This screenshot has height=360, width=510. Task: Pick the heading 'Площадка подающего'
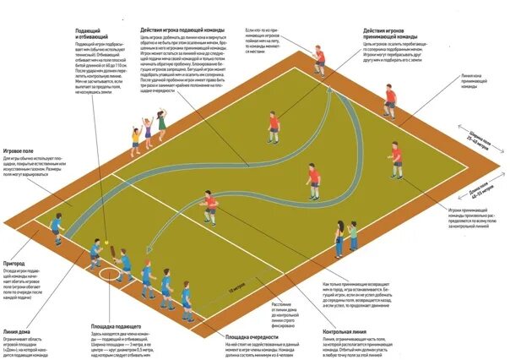point(116,326)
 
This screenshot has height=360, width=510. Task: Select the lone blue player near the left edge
point(57,226)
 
